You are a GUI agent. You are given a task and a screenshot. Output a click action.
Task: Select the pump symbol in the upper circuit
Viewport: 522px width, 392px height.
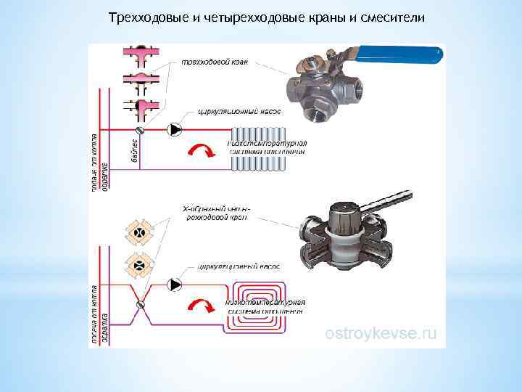tap(175, 130)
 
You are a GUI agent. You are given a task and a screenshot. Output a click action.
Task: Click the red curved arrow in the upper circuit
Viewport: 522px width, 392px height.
tap(201, 151)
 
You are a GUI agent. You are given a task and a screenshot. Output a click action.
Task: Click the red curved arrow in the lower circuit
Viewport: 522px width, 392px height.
tap(201, 305)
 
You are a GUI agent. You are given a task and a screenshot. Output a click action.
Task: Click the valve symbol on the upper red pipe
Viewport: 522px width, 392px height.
tap(141, 130)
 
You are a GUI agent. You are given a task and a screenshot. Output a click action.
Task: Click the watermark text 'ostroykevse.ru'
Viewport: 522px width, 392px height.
tap(381, 333)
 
